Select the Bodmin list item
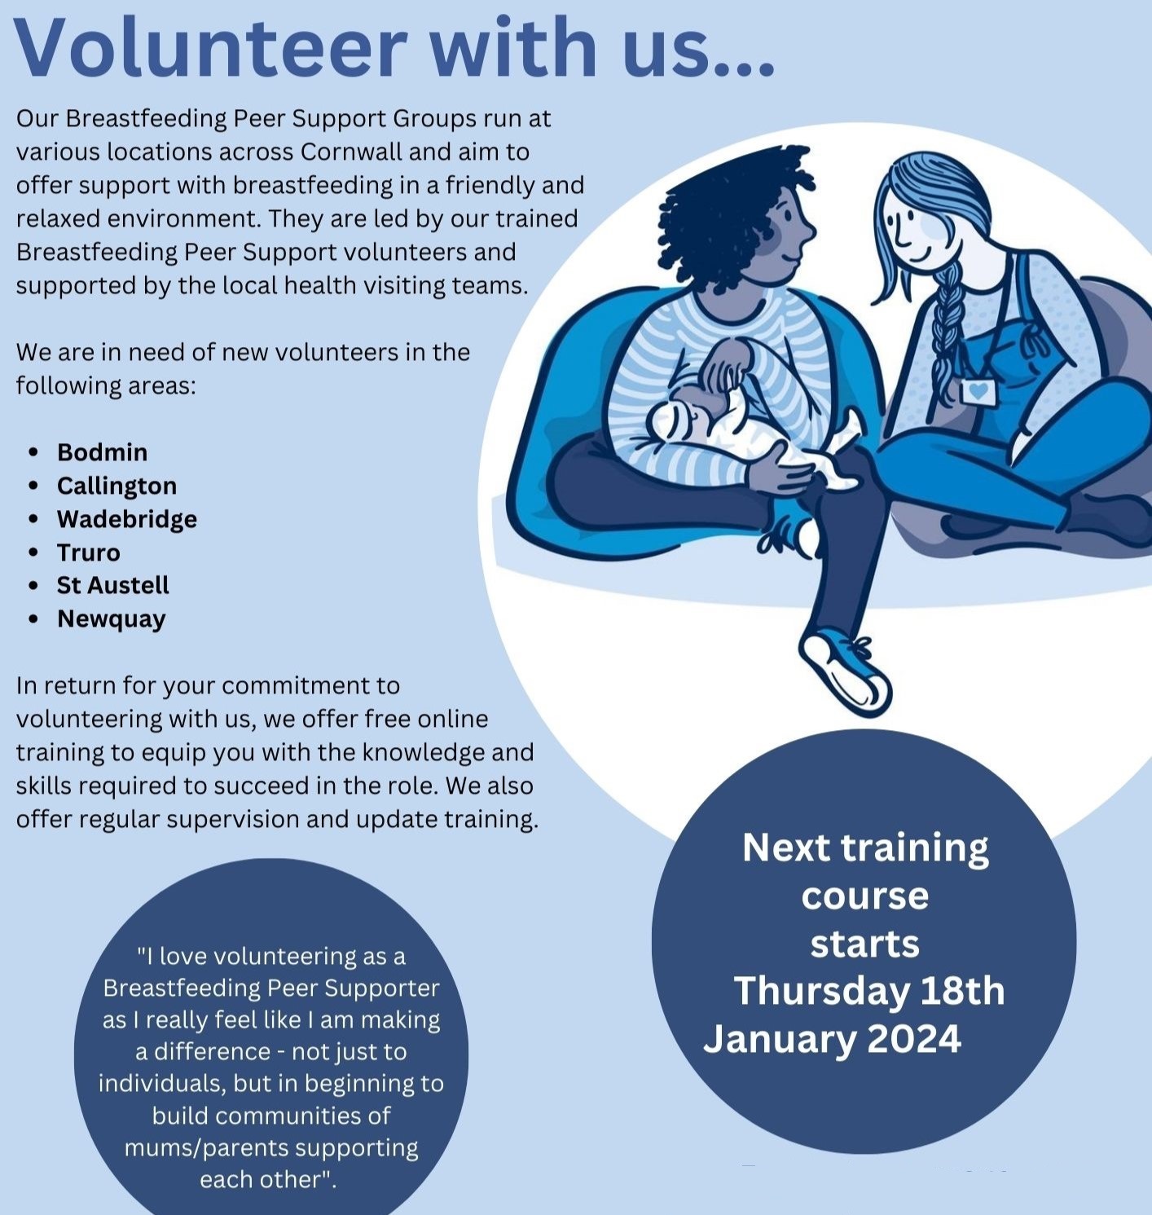click(102, 452)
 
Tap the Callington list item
click(117, 486)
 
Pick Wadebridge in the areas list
click(126, 519)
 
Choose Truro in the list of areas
click(88, 552)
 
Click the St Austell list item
click(112, 585)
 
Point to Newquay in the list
click(111, 619)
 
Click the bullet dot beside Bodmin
click(33, 452)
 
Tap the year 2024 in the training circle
click(913, 1039)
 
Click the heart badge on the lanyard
click(978, 390)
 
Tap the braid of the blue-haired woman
click(948, 326)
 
